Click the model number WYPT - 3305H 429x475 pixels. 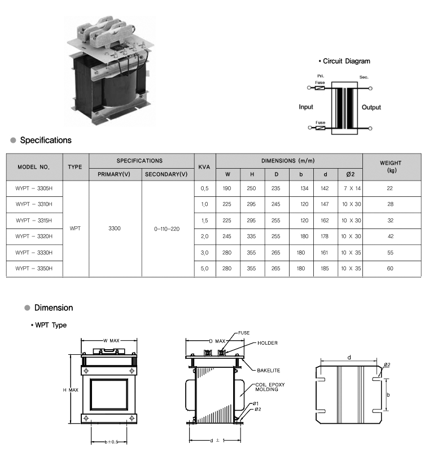coord(34,188)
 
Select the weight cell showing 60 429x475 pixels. coord(390,269)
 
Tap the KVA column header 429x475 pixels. coord(204,167)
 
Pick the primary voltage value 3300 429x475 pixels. coord(115,229)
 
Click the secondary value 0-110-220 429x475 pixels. coord(167,229)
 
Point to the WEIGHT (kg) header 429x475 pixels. coord(390,166)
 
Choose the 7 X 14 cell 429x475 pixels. coord(351,188)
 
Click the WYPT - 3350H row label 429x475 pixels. coord(34,269)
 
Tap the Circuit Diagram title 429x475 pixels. coord(344,61)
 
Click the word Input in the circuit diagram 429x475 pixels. coord(306,107)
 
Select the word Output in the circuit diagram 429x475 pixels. coord(371,107)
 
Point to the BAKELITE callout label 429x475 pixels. coord(268,371)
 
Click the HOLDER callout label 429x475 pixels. coord(267,343)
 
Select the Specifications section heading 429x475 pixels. coord(46,140)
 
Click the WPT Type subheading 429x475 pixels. coord(51,325)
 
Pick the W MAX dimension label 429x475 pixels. coord(111,340)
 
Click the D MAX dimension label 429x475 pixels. coord(217,341)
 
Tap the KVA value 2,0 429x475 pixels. coord(204,236)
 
